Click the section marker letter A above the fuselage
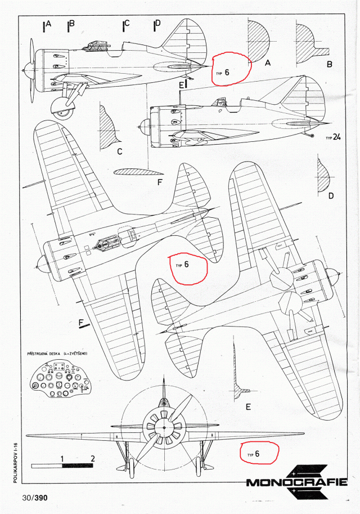click(48, 24)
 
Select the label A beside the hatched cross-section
click(268, 64)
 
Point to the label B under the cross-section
click(329, 64)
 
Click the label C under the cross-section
click(120, 151)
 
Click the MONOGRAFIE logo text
click(296, 482)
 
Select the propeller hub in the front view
click(164, 428)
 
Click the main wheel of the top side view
click(63, 110)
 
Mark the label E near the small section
click(248, 406)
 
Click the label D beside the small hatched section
click(331, 195)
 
